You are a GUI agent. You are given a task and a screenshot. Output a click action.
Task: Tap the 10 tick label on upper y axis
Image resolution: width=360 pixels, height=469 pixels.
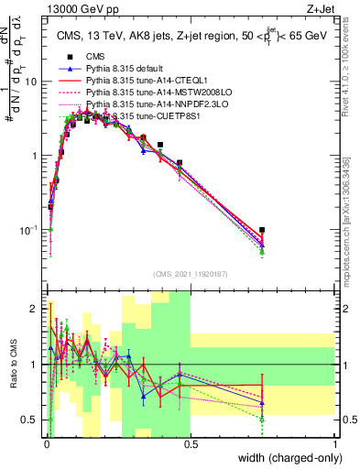pyautogui.click(x=31, y=82)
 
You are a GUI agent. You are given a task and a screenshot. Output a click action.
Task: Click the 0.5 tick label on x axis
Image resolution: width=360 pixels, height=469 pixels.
pyautogui.click(x=191, y=444)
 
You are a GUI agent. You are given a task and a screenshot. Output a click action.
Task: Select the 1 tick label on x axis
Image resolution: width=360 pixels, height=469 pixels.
pyautogui.click(x=334, y=444)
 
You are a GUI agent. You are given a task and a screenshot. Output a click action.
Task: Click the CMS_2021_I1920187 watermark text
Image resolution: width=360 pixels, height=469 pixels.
pyautogui.click(x=190, y=274)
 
